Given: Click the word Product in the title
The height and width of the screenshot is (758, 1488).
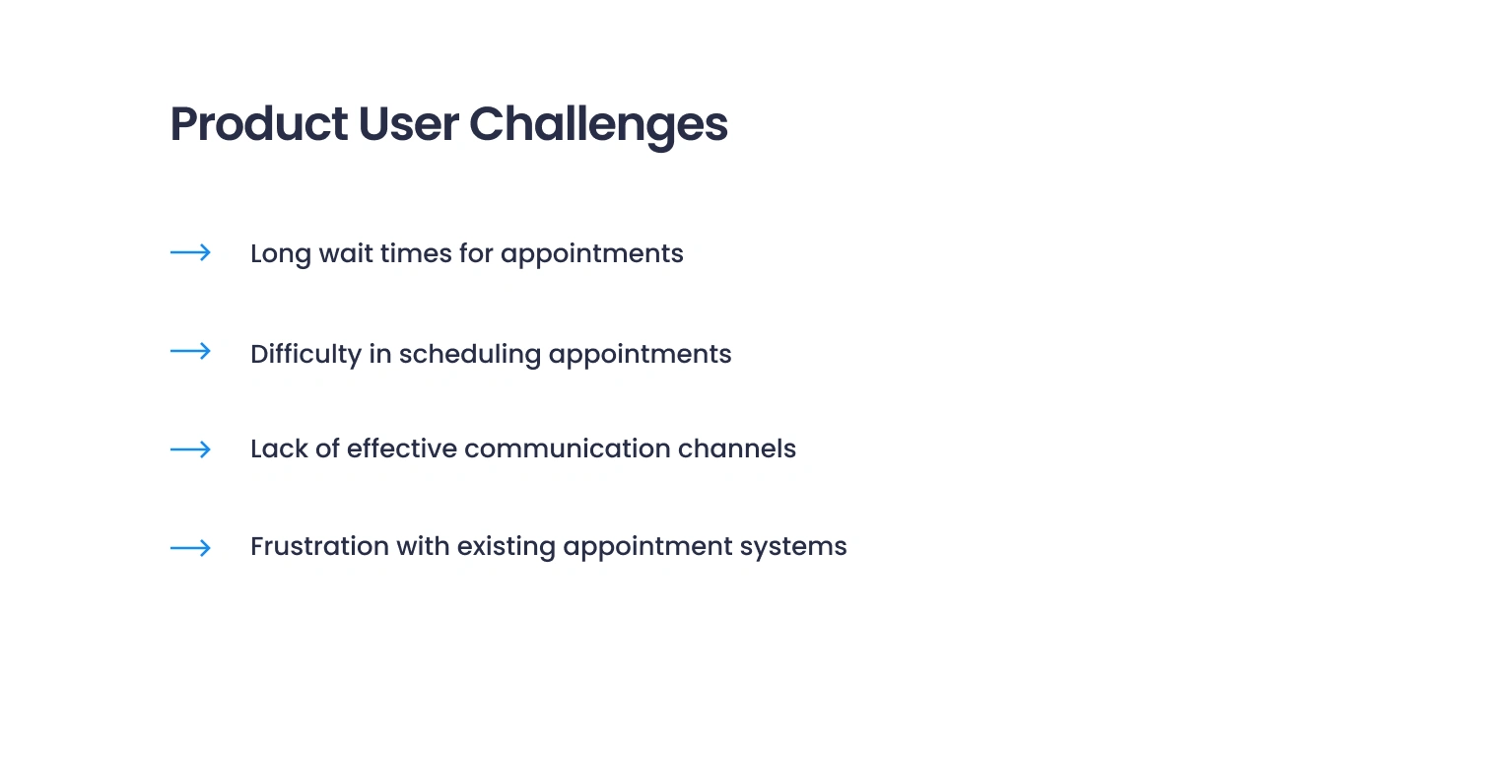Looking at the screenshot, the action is (x=258, y=123).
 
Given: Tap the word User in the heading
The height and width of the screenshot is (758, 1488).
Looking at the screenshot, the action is (x=408, y=123).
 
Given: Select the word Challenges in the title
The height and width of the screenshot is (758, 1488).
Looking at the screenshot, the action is (x=598, y=125).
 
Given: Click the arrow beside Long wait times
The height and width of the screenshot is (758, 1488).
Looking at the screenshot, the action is (x=190, y=252).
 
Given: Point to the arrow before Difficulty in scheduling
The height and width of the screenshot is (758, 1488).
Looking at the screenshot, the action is (x=190, y=352).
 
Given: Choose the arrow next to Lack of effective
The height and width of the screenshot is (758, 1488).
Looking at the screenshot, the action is (x=190, y=449).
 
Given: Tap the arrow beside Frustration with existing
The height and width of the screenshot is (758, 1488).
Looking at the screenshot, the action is (x=190, y=548).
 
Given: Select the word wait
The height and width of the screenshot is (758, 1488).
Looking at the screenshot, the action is (x=346, y=253).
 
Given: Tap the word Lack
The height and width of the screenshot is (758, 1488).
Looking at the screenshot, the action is (x=279, y=449).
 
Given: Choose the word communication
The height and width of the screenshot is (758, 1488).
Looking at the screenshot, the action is (x=568, y=449).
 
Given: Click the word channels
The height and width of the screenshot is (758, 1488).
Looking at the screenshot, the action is (x=737, y=449).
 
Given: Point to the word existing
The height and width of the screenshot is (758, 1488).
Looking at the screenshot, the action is (x=506, y=548).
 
